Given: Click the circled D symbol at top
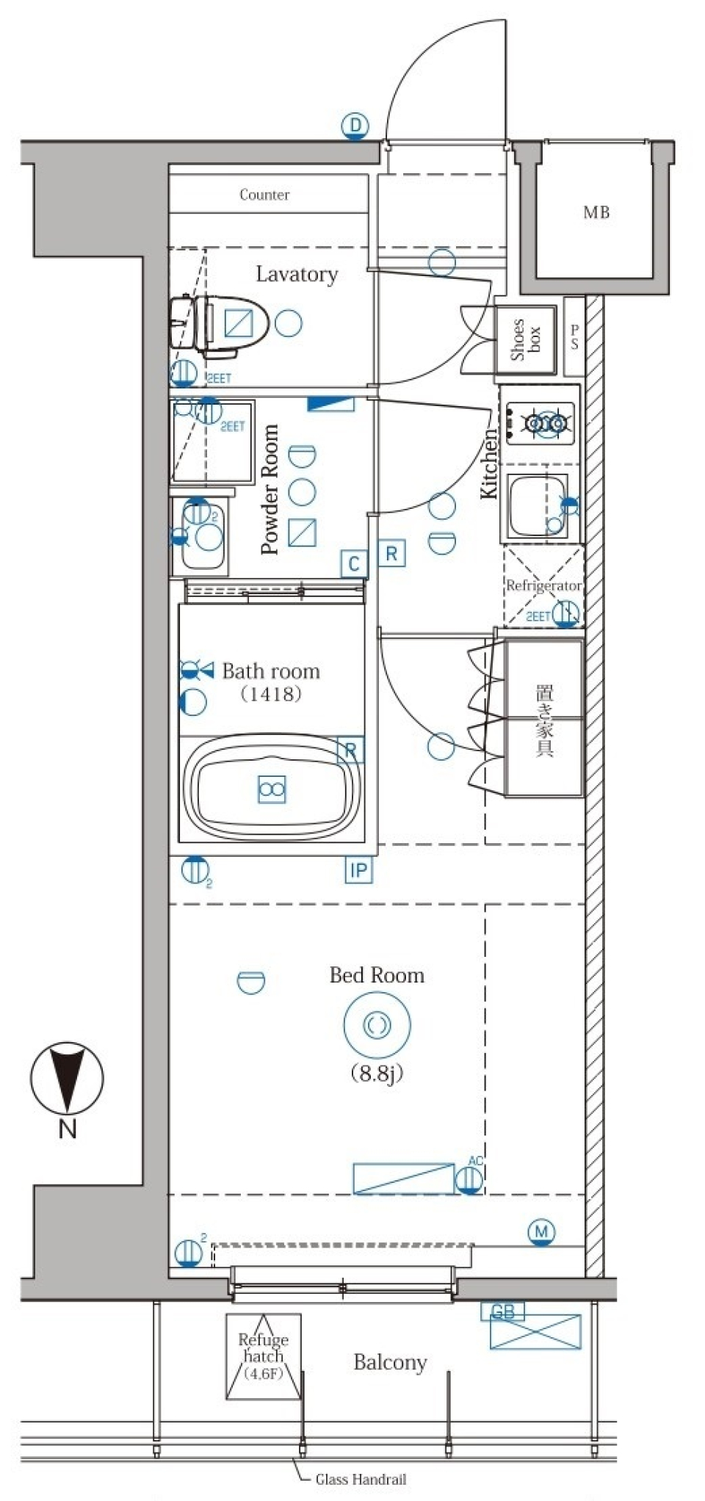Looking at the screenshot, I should [355, 126].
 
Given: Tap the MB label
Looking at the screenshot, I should [596, 213].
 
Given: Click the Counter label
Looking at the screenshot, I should [264, 195].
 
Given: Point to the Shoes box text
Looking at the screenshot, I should [526, 339].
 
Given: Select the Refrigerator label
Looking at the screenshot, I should [543, 586].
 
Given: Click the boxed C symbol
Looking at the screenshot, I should [354, 563].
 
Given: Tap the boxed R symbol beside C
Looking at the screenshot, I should [391, 554].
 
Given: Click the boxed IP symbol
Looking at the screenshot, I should [358, 871].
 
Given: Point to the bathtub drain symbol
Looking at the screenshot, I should [272, 789].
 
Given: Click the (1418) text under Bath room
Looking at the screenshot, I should [271, 693].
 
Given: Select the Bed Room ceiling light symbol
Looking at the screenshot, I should [377, 1025].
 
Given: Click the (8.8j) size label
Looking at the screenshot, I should [377, 1074].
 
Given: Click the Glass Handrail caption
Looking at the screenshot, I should [361, 1480].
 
